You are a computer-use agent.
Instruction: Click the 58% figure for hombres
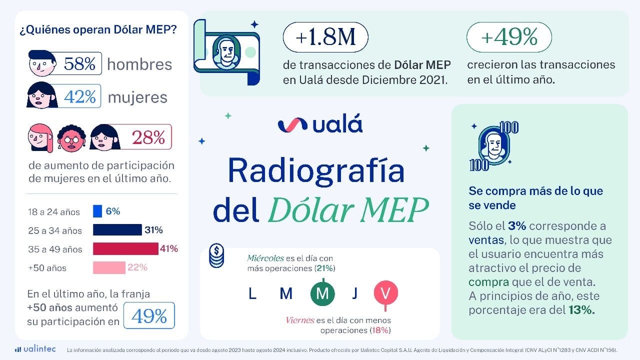(x=79, y=63)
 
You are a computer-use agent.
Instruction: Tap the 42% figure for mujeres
(x=79, y=96)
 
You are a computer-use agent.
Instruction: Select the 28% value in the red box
(x=148, y=137)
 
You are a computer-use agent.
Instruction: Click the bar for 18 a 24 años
(x=97, y=211)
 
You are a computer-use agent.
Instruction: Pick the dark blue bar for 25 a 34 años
(x=117, y=230)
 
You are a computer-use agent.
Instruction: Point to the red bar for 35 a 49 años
(x=125, y=248)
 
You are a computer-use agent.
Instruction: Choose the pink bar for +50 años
(x=109, y=267)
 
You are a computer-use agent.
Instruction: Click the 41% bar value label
(x=169, y=248)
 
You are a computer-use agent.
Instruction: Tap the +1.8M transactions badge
(x=325, y=37)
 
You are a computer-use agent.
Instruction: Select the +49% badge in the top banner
(x=509, y=37)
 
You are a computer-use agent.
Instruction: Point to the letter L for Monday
(x=252, y=293)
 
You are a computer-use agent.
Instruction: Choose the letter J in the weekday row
(x=354, y=293)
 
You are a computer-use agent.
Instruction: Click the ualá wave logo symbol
(x=292, y=124)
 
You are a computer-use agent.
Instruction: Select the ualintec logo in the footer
(x=35, y=349)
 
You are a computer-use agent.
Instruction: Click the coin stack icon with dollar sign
(x=216, y=255)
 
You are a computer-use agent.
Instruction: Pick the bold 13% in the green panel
(x=581, y=309)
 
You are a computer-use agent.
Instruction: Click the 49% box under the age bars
(x=149, y=316)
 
